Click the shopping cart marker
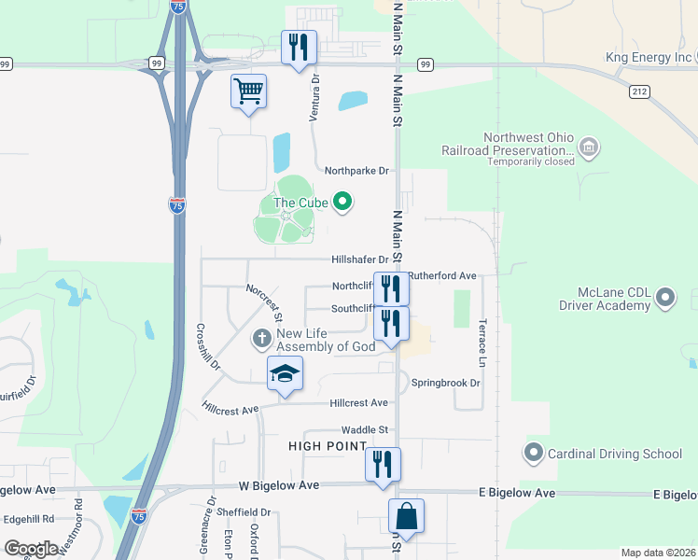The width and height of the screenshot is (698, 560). click(248, 92)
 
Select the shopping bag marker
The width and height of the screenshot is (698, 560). click(406, 516)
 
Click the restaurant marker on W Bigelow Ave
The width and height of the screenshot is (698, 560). click(382, 465)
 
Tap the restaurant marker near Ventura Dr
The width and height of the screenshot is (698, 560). click(299, 49)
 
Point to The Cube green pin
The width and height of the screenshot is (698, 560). click(342, 202)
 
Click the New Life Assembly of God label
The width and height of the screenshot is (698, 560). click(326, 340)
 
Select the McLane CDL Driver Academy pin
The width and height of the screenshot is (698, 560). click(665, 299)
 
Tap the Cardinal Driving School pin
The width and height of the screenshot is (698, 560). click(534, 454)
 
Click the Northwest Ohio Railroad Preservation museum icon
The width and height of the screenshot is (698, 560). click(589, 147)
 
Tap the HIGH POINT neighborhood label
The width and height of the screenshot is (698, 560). click(327, 447)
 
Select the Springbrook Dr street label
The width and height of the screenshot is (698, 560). click(447, 383)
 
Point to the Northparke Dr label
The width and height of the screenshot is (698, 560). click(356, 171)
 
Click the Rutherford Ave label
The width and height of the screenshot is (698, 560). click(442, 275)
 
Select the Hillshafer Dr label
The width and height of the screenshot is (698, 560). click(358, 259)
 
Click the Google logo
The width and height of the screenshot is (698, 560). click(32, 548)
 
